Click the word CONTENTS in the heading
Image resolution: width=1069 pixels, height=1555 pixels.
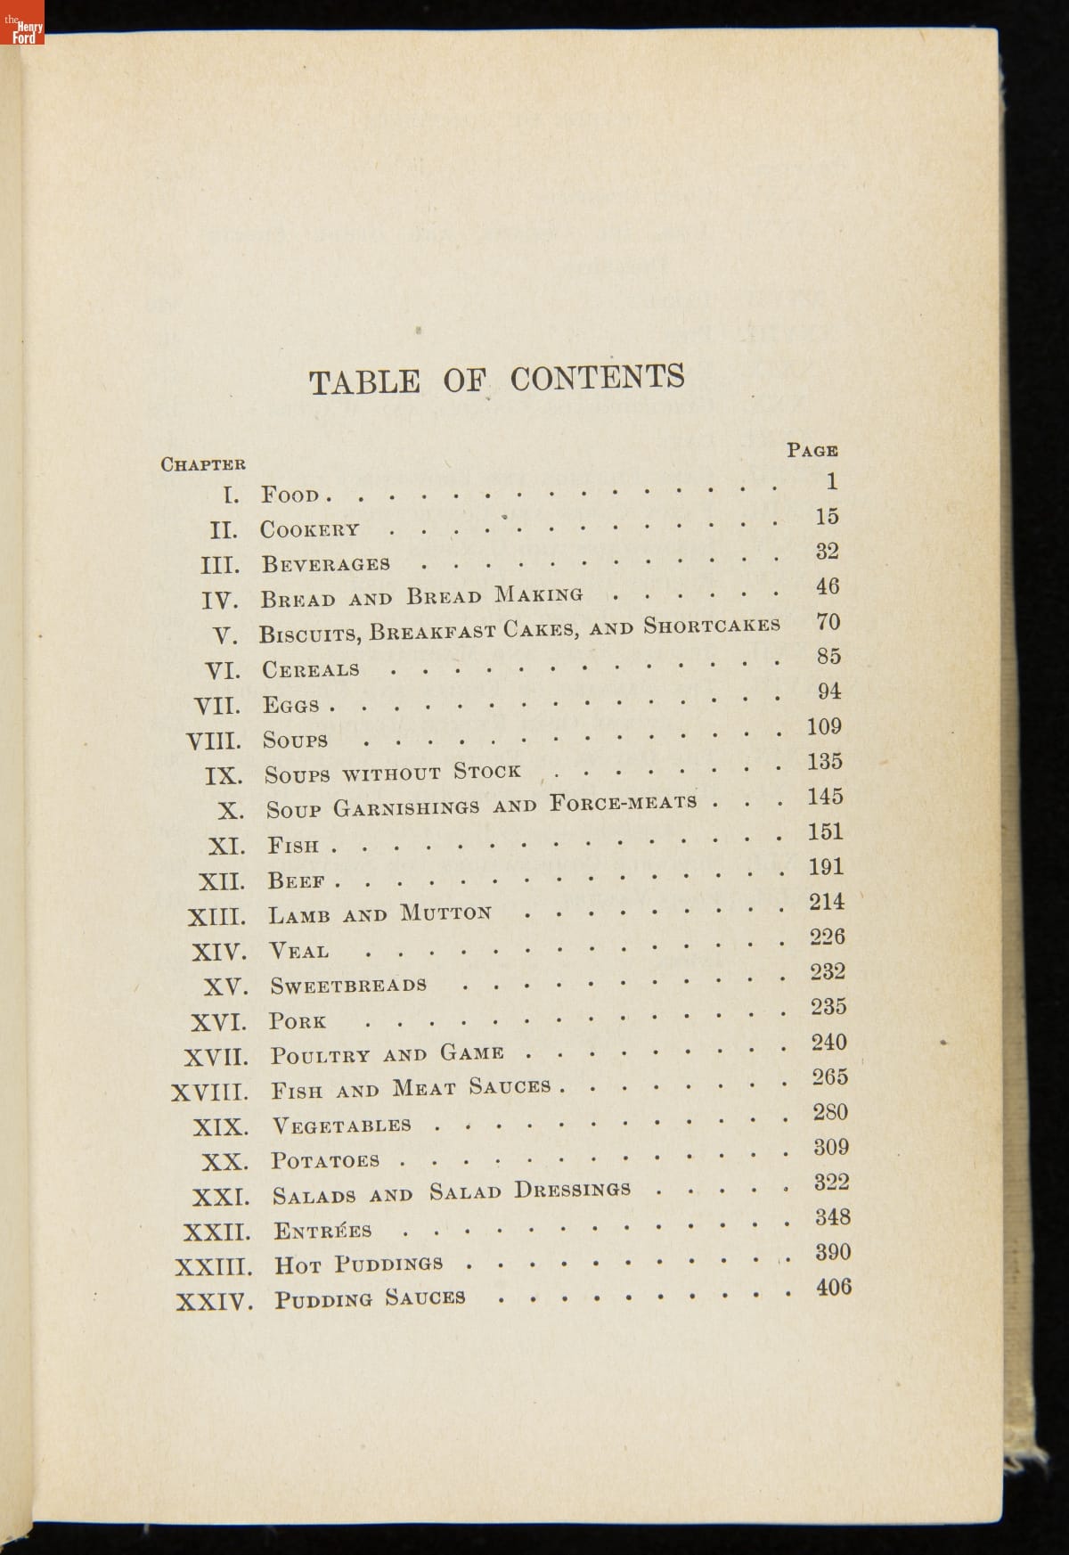pos(597,378)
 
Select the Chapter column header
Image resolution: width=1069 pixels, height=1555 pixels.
pos(203,463)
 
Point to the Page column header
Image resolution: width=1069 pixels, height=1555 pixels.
pos(812,450)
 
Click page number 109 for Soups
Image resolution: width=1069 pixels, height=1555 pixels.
pos(824,727)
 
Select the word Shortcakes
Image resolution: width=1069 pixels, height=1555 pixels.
pos(712,626)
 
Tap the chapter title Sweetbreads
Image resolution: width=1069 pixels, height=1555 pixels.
pos(348,986)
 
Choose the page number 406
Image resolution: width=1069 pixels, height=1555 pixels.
pos(834,1287)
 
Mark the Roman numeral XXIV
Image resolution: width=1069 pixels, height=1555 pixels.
pos(214,1302)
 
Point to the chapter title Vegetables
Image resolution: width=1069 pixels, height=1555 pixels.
pos(341,1125)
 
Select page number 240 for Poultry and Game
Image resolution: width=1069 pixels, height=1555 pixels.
pos(828,1042)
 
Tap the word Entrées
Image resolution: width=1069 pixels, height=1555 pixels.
pos(322,1232)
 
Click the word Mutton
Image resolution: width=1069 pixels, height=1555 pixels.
pos(445,913)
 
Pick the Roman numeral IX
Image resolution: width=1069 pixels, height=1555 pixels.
pos(223,776)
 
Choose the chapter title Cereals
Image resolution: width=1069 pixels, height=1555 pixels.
pos(311,669)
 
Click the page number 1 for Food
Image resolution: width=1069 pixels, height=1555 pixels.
pos(831,482)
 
